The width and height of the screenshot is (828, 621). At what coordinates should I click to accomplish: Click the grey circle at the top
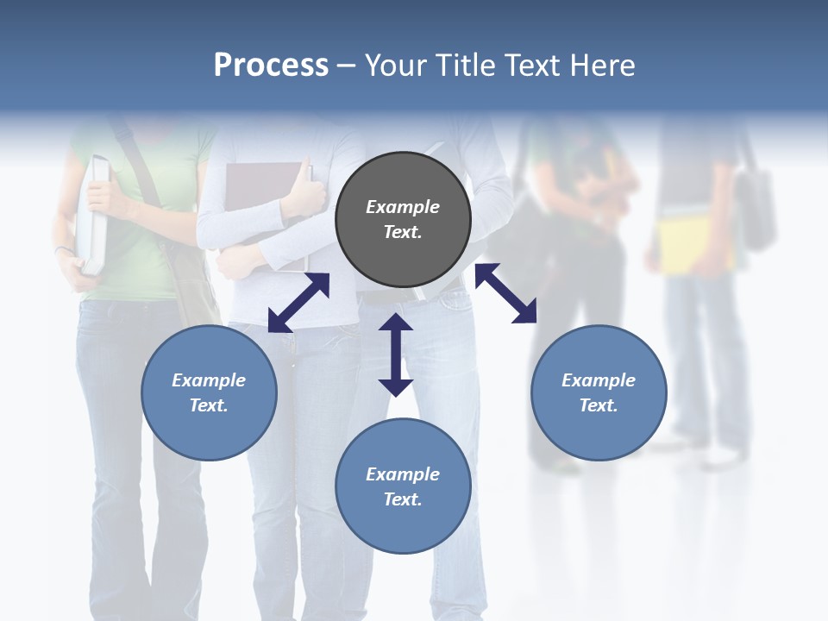[x=403, y=220]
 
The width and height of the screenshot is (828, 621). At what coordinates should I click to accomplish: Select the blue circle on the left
[x=209, y=392]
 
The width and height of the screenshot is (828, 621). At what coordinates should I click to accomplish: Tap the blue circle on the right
[x=599, y=392]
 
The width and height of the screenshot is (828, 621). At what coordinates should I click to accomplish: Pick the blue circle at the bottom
[x=403, y=486]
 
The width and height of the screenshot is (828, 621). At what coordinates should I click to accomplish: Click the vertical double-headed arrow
[x=396, y=354]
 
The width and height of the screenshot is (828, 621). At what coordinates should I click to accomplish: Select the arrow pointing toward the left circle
[x=298, y=303]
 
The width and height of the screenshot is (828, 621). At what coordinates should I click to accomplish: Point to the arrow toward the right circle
[x=505, y=293]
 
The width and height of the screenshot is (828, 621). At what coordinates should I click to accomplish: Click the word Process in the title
[x=271, y=65]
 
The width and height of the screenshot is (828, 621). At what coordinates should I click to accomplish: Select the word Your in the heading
[x=394, y=65]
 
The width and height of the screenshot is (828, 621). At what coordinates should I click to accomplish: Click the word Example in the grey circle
[x=403, y=207]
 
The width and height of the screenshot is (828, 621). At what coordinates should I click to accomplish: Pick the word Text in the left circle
[x=209, y=405]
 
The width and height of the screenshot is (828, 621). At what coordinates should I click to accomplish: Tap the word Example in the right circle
[x=599, y=380]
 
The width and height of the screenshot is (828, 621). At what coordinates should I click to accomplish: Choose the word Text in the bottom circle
[x=403, y=499]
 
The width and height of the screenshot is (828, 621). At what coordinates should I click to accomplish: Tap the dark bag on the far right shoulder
[x=756, y=207]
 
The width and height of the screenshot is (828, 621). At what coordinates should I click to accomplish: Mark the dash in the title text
[x=347, y=65]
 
